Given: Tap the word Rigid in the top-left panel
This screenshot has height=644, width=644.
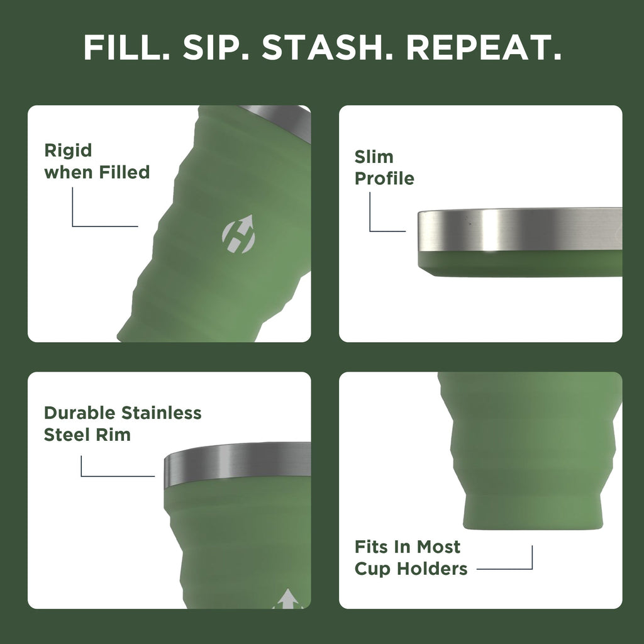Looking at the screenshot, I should pyautogui.click(x=68, y=151).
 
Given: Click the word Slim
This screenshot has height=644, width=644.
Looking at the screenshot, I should pyautogui.click(x=374, y=157).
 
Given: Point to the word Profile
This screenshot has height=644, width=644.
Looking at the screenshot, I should pyautogui.click(x=384, y=179).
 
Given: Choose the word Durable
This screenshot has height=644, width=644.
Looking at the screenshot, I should pyautogui.click(x=80, y=413).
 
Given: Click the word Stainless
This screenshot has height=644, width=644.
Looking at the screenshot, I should pyautogui.click(x=162, y=413).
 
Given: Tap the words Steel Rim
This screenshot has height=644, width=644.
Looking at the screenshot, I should pyautogui.click(x=87, y=435).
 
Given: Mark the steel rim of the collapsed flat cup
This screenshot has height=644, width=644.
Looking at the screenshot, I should pyautogui.click(x=519, y=230).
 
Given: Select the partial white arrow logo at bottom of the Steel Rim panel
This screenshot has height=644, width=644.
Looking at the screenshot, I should pyautogui.click(x=289, y=599).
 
